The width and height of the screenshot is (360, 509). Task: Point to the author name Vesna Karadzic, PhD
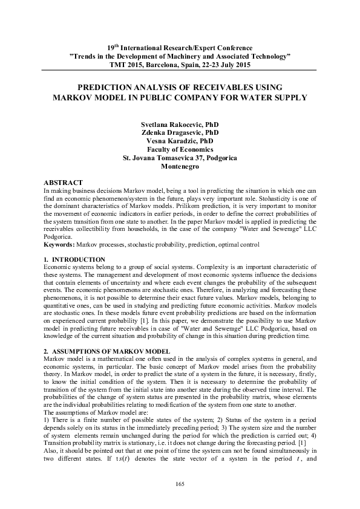click(179, 141)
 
